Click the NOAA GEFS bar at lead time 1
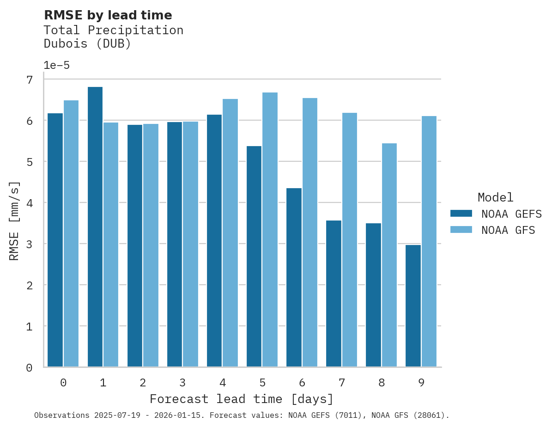[x=95, y=226]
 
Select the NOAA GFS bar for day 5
[x=270, y=229]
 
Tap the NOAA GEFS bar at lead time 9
[x=413, y=306]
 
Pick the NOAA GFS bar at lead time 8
[x=389, y=255]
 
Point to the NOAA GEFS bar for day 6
[x=294, y=277]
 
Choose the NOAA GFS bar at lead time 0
[x=71, y=233]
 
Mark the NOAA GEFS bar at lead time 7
[x=334, y=293]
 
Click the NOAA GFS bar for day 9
[x=429, y=241]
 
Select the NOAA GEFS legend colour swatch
[x=461, y=214]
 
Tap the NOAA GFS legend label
[x=508, y=230]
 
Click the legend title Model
[x=495, y=198]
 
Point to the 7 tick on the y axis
[x=30, y=80]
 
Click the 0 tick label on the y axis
[x=30, y=368]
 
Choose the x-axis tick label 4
[x=223, y=383]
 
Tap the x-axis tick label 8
[x=382, y=383]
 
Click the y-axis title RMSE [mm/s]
[x=15, y=221]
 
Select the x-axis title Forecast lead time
[x=241, y=399]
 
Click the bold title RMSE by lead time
[x=108, y=15]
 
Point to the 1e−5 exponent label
[x=56, y=66]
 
